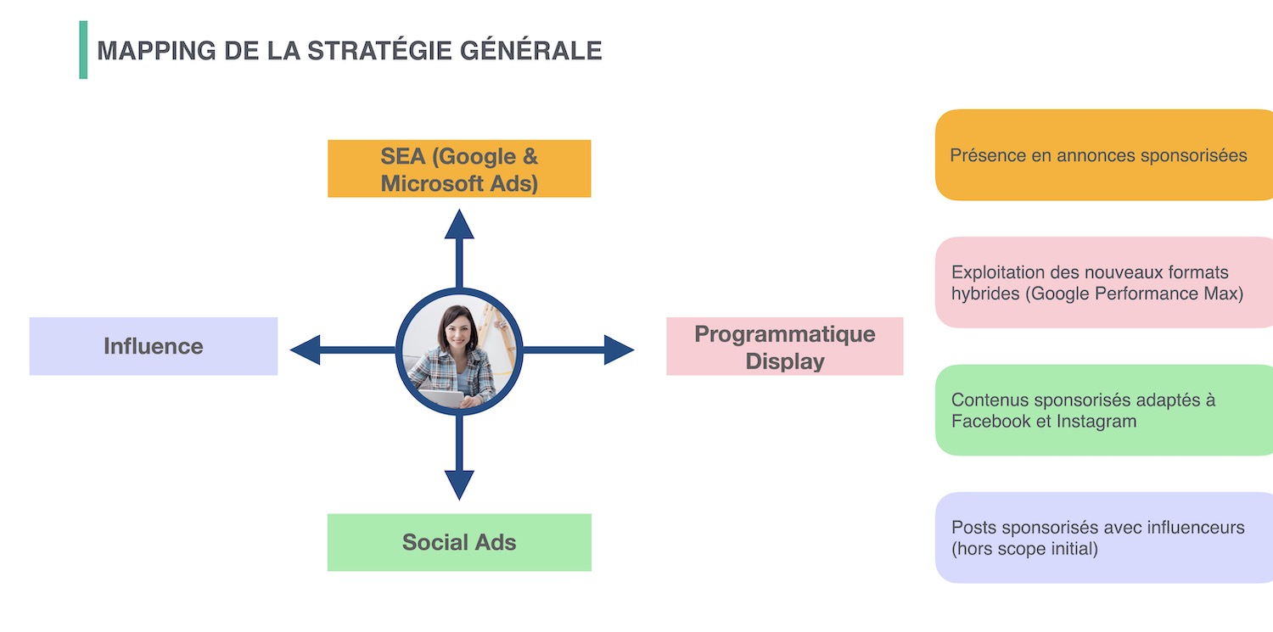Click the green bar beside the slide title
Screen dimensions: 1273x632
(x=83, y=50)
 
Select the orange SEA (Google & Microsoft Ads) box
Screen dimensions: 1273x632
(x=459, y=169)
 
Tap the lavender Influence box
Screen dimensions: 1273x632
(x=154, y=346)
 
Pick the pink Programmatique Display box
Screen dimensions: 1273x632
(x=785, y=346)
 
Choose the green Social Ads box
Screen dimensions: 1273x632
(x=459, y=542)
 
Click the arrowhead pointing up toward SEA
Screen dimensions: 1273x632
(x=459, y=224)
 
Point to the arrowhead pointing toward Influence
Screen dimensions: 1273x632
(x=306, y=350)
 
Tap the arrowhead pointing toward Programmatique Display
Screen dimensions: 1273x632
(x=619, y=350)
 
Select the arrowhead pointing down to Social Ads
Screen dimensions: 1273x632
(x=459, y=485)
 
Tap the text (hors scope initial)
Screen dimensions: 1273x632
(x=1024, y=549)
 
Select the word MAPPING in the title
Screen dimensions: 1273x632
(x=156, y=51)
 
